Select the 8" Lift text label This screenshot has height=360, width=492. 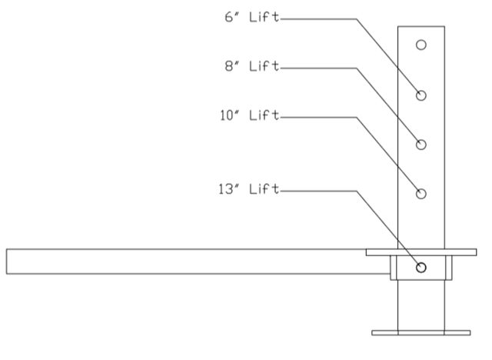(x=251, y=67)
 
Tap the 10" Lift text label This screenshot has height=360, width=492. (x=248, y=116)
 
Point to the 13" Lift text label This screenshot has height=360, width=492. (x=248, y=189)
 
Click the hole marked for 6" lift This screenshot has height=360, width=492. (x=421, y=95)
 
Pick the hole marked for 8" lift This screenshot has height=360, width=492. (x=421, y=144)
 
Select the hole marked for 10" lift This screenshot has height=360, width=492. (x=421, y=193)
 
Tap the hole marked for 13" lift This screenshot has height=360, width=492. (x=421, y=267)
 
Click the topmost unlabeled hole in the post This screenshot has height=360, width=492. (x=421, y=45)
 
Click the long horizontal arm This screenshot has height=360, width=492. (x=192, y=262)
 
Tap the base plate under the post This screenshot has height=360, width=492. (x=421, y=333)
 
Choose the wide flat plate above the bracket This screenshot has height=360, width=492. (x=421, y=252)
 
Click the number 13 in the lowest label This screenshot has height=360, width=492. (x=227, y=189)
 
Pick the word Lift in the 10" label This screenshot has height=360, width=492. (x=261, y=116)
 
